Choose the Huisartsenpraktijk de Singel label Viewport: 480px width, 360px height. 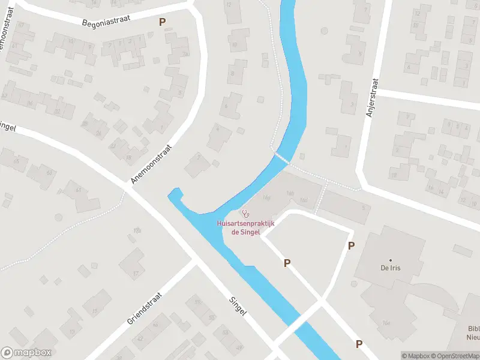245,228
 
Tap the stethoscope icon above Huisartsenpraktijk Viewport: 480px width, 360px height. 245,214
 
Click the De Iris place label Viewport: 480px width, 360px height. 390,268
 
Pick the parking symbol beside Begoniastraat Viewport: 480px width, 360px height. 161,22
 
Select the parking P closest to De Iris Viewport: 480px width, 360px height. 351,245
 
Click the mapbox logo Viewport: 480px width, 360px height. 26,353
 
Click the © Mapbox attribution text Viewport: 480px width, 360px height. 415,356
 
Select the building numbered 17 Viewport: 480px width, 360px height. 136,274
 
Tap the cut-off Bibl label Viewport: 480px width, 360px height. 474,328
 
